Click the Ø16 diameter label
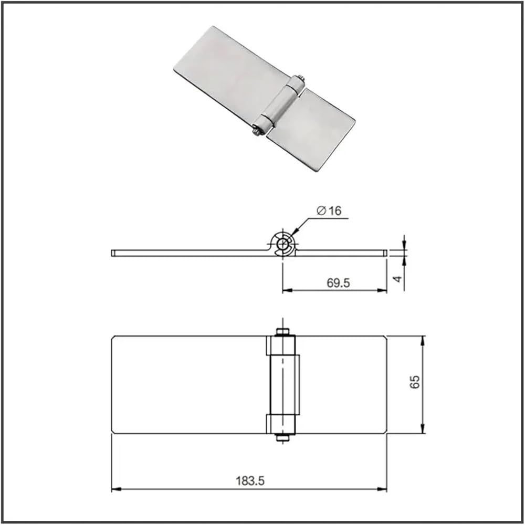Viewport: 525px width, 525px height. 329,211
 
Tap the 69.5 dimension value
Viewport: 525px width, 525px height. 338,283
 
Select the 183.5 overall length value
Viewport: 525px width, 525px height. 250,481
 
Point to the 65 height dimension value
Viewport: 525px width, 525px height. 415,382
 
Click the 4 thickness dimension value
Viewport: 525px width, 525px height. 397,279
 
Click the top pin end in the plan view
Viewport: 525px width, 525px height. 282,331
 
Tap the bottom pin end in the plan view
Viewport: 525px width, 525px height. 282,438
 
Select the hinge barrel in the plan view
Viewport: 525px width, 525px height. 283,384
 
